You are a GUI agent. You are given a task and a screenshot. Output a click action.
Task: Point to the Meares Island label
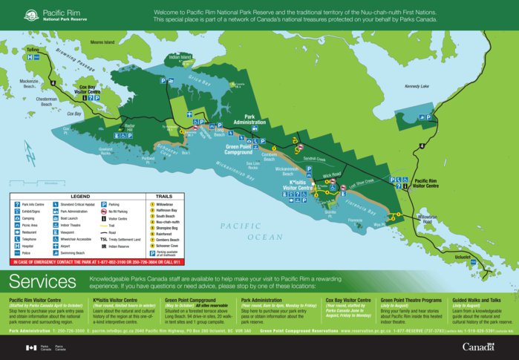point(103,42)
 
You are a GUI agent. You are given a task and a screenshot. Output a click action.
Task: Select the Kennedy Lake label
point(417,86)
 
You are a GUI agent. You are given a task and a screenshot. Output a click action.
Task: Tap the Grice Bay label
point(199,76)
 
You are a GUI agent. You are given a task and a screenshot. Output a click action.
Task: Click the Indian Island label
point(180,56)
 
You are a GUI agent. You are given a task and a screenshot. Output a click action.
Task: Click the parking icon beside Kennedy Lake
point(428,117)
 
